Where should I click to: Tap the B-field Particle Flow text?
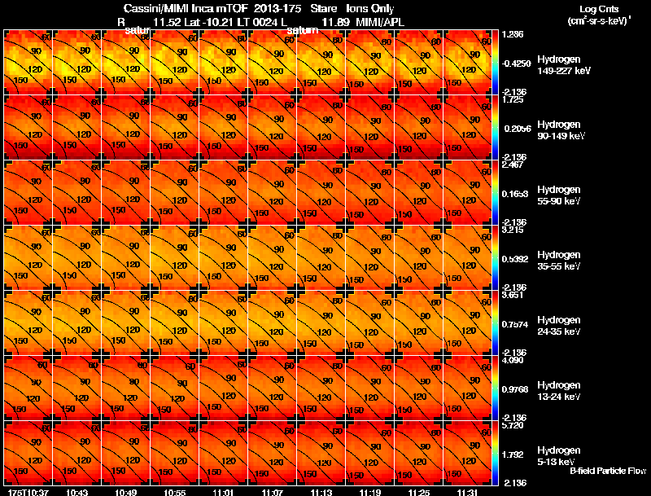coord(607,471)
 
